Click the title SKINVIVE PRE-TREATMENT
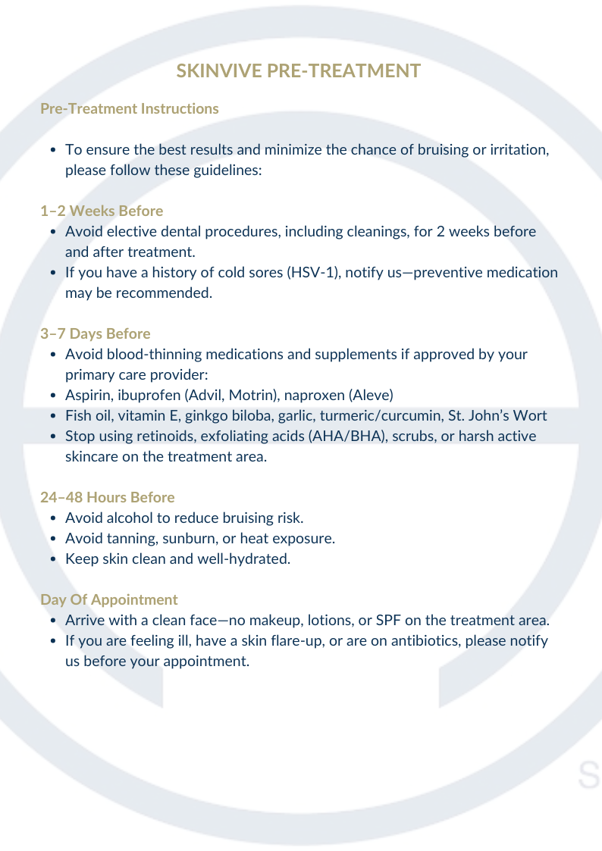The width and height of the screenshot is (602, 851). (298, 71)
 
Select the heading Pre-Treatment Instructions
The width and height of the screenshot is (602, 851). (129, 108)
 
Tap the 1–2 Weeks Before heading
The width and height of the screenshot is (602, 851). (101, 211)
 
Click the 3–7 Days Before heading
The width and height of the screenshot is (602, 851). (95, 333)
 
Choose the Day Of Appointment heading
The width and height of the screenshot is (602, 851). (108, 599)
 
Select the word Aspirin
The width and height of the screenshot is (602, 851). (86, 396)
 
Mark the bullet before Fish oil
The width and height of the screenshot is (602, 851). (52, 416)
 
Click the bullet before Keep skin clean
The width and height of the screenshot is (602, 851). (52, 559)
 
